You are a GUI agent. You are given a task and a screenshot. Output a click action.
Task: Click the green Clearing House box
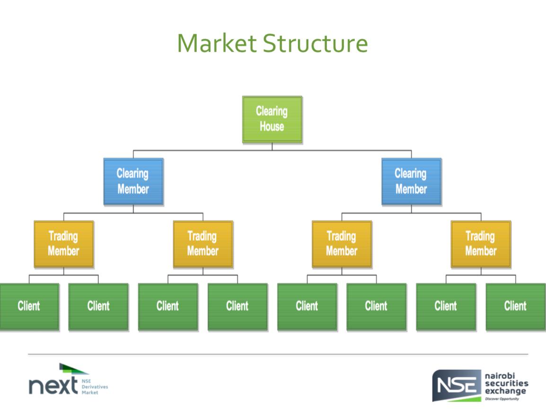tap(272, 119)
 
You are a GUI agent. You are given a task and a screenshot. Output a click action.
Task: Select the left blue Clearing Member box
tap(133, 181)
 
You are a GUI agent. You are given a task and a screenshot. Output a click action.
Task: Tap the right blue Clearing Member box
tap(411, 181)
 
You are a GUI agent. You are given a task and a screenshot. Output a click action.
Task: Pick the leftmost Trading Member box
tap(63, 243)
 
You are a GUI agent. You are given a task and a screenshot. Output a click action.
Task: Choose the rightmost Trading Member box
tap(481, 243)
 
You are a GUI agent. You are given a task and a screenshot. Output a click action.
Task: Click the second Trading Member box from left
tap(203, 243)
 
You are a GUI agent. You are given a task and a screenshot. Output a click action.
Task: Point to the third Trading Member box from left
tap(342, 243)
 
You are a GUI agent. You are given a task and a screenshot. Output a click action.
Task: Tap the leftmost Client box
tap(29, 306)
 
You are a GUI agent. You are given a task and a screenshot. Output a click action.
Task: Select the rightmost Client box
tap(515, 306)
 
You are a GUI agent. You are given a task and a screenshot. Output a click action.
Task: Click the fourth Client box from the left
tap(238, 306)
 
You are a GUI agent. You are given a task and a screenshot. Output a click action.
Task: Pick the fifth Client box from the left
tap(307, 306)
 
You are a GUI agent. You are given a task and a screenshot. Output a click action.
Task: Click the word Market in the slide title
tap(217, 43)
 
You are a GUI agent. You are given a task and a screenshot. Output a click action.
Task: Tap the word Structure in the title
tap(315, 43)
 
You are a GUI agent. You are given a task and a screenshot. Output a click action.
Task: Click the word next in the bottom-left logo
tap(53, 386)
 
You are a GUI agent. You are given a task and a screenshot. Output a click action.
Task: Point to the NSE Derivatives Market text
tap(95, 386)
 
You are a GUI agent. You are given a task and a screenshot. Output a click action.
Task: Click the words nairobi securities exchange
tap(506, 383)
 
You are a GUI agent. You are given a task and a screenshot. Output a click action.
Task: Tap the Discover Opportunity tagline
tap(502, 399)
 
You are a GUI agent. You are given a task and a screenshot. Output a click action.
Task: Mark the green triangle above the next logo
tap(73, 369)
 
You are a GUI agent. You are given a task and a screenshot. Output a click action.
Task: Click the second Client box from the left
tap(98, 306)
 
